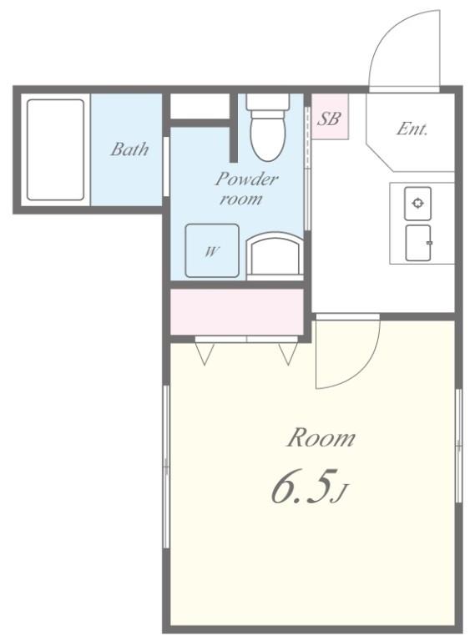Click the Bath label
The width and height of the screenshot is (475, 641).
129,149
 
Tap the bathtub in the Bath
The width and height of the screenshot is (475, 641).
55,150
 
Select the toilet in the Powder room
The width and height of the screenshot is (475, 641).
268,130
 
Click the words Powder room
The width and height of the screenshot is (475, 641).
246,189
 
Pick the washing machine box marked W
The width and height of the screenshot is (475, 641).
211,250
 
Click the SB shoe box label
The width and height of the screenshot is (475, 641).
329,119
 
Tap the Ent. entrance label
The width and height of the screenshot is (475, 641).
412,129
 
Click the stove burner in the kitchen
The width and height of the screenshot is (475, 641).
417,203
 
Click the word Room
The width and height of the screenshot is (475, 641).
321,437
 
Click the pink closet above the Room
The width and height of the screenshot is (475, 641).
237,311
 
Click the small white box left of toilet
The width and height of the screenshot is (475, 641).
200,107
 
